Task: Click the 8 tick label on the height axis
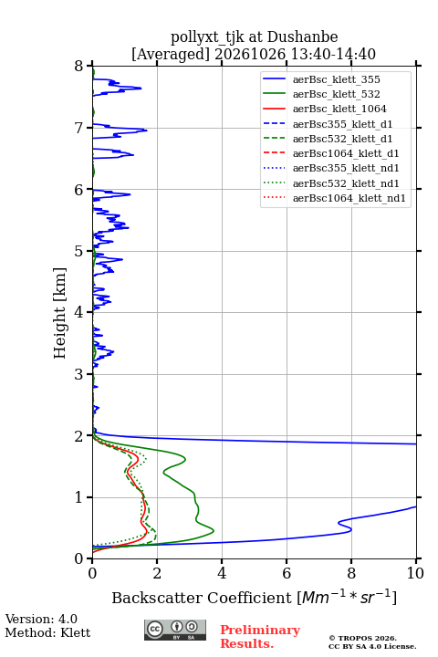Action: [x=79, y=66]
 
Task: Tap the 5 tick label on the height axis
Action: [x=79, y=251]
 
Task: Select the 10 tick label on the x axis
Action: [x=415, y=573]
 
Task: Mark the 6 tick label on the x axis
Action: [x=287, y=573]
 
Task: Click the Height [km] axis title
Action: [x=59, y=313]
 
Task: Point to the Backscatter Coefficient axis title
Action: [x=254, y=597]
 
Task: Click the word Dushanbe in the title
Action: [x=302, y=36]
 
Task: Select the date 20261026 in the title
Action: [x=250, y=54]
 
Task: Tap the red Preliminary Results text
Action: [x=260, y=636]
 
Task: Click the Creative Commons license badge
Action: [x=175, y=630]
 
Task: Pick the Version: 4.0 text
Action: [x=41, y=619]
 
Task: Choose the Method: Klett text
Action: [x=47, y=632]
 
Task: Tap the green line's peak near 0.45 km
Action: [x=214, y=531]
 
